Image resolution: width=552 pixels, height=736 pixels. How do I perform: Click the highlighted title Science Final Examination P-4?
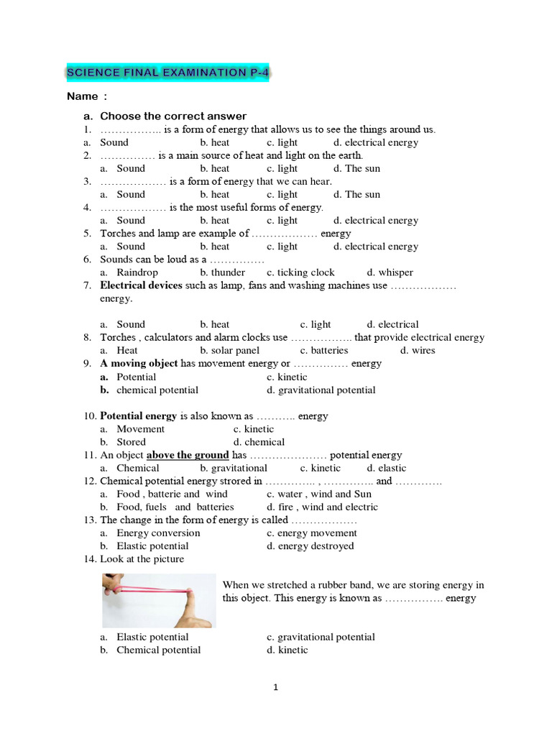coord(167,73)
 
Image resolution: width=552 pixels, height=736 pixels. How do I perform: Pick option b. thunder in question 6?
coord(222,272)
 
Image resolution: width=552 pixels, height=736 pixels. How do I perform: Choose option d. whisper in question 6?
coord(390,272)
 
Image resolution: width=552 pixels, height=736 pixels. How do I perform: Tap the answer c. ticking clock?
coord(300,272)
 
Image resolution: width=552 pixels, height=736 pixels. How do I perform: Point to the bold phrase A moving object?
coord(139,364)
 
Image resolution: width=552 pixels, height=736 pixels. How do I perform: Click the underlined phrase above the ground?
coord(188,455)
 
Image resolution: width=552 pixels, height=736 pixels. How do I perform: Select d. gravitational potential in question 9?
coord(321,390)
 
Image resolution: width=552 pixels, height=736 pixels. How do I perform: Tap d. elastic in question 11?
coord(387,468)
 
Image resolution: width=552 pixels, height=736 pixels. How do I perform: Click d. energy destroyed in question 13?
coord(310,546)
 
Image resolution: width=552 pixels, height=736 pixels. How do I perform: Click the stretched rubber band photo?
coord(158,600)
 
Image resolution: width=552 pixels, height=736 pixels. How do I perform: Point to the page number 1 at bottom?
coord(275,688)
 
